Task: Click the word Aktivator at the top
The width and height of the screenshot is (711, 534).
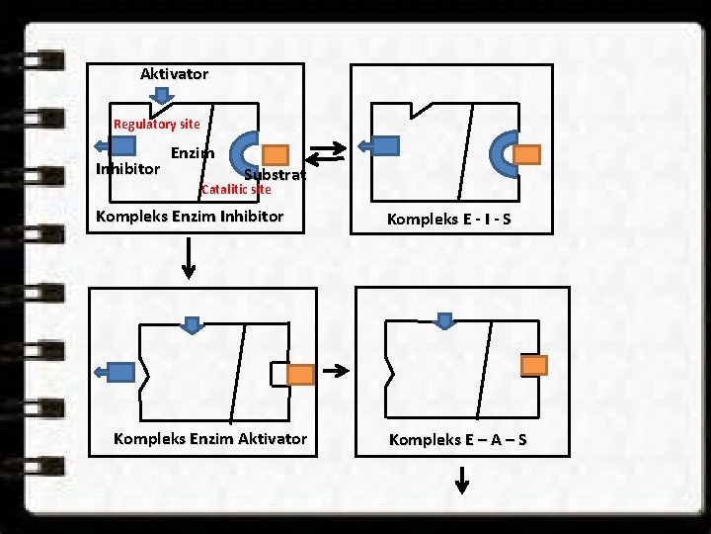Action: (x=174, y=74)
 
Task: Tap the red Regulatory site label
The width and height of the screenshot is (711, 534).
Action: (x=156, y=125)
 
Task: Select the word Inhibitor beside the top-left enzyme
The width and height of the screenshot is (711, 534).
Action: (x=127, y=169)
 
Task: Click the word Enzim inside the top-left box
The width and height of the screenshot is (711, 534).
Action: (x=193, y=153)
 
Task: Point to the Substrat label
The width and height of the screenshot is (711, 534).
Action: (x=275, y=174)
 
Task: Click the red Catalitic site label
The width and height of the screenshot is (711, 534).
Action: (x=235, y=189)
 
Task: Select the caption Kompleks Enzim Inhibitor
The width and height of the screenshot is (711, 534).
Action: (x=189, y=216)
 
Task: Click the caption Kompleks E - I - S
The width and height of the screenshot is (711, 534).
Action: (x=448, y=219)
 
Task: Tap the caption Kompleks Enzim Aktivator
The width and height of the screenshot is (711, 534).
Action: (x=210, y=438)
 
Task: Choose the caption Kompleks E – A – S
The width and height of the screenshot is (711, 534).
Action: (x=457, y=439)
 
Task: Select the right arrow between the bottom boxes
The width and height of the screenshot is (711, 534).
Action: (x=338, y=372)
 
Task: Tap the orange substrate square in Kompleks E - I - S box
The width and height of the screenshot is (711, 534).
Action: (x=528, y=154)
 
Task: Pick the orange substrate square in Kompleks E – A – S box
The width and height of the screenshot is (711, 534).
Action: (x=533, y=365)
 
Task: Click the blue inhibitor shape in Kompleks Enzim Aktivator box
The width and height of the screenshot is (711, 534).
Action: (x=119, y=372)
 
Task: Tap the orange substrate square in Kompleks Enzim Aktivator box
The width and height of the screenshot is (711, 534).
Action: (x=300, y=374)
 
